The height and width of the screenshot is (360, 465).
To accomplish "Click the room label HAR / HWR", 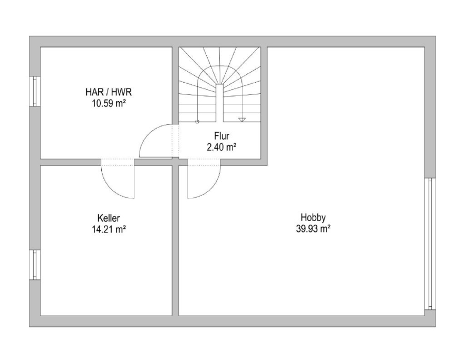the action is click(109, 92).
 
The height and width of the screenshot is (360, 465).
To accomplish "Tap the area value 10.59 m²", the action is click(109, 103).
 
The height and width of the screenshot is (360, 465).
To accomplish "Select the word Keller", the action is click(109, 218).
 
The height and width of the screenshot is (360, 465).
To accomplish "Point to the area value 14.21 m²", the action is click(109, 229).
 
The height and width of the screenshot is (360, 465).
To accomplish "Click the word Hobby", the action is click(313, 217).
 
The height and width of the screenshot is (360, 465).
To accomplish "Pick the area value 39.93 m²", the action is click(313, 229).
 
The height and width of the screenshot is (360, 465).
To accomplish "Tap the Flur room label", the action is click(222, 136).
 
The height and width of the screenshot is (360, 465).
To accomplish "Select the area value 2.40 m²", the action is click(222, 147).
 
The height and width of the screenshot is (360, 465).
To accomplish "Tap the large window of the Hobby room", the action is click(430, 244).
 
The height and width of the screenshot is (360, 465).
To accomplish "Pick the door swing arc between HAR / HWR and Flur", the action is click(149, 133).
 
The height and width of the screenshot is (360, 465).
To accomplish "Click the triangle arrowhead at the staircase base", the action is click(242, 119).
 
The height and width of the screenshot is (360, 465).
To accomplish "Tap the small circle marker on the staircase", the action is click(197, 121).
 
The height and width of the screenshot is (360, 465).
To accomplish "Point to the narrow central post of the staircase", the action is click(220, 103).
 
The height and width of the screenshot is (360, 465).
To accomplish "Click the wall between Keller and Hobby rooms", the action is click(175, 240).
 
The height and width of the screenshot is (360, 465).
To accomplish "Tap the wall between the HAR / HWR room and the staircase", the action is click(175, 85).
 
